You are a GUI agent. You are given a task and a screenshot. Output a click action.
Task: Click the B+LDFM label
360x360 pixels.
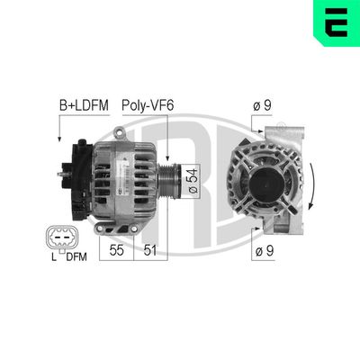83,106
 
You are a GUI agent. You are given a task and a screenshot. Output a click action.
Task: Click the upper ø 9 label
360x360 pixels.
262,106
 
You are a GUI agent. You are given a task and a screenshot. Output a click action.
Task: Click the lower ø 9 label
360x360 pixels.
262,253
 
